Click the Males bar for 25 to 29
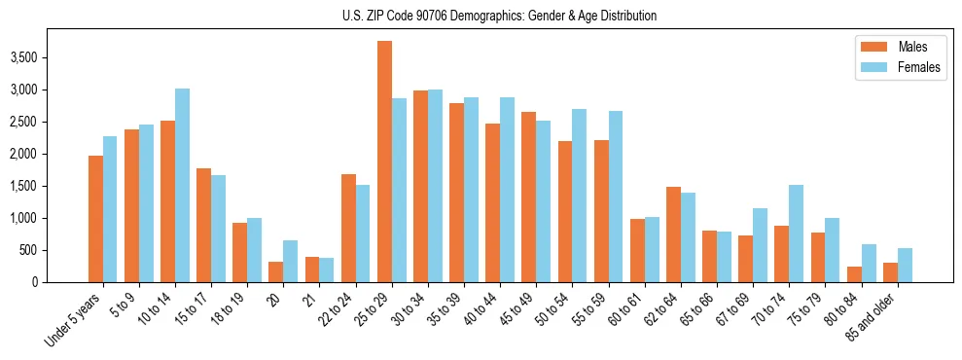pyautogui.click(x=384, y=162)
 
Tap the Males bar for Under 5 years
pyautogui.click(x=95, y=219)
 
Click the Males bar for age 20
pyautogui.click(x=276, y=271)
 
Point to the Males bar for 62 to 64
pyautogui.click(x=673, y=234)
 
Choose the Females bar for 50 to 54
pyautogui.click(x=580, y=196)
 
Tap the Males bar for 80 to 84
pyautogui.click(x=854, y=274)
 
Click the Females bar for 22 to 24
pyautogui.click(x=363, y=234)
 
